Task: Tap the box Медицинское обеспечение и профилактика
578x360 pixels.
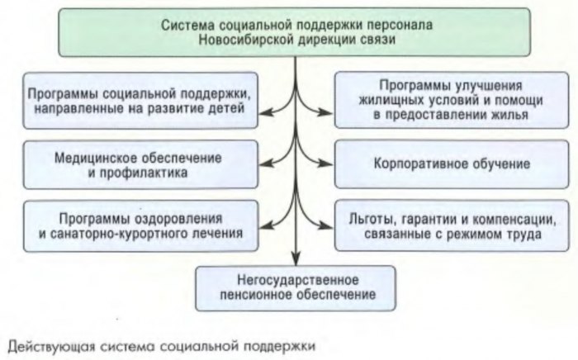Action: (x=135, y=163)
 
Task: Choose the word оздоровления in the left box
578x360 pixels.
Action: (x=184, y=218)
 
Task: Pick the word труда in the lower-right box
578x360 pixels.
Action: (x=526, y=234)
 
